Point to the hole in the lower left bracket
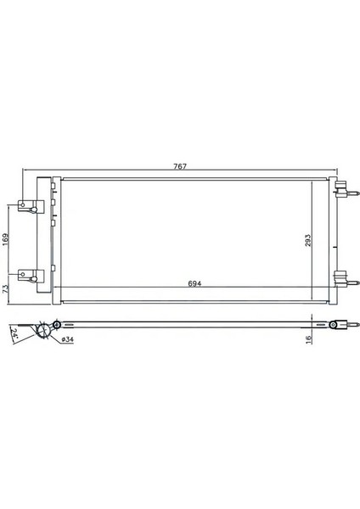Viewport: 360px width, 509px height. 24,274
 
